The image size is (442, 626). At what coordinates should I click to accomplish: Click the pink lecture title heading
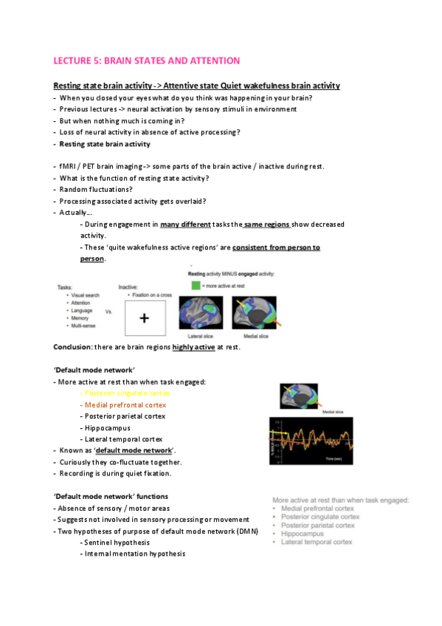[x=146, y=60]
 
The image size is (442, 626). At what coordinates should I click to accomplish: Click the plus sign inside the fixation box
[x=144, y=318]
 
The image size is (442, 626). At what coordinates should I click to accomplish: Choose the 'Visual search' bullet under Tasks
[x=87, y=294]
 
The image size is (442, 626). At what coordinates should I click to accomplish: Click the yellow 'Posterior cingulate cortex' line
[x=124, y=393]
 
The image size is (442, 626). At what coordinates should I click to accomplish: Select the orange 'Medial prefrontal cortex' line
[x=125, y=405]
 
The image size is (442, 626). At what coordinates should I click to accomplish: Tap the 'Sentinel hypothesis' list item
[x=117, y=542]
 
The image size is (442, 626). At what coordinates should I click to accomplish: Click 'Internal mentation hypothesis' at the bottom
[x=134, y=554]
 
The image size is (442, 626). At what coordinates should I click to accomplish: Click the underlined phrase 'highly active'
[x=193, y=347]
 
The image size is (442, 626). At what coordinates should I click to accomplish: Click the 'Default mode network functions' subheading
[x=111, y=496]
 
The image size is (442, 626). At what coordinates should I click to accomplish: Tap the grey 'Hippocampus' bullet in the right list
[x=303, y=533]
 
